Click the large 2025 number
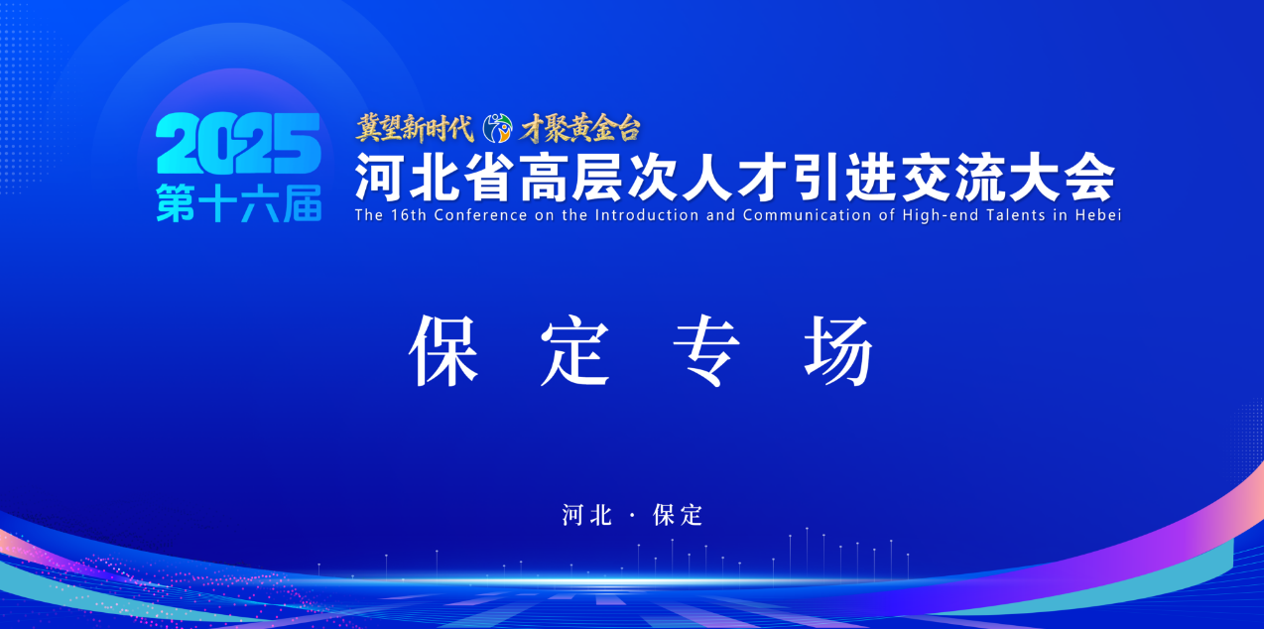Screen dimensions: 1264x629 [239, 143]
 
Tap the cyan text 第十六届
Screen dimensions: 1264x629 [239, 203]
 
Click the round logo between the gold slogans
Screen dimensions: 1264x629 [497, 129]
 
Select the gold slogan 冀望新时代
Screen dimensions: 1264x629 [415, 129]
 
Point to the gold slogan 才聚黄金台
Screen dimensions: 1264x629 [579, 129]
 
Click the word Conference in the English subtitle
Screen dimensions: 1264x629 [481, 215]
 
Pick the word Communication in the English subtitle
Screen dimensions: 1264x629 [807, 215]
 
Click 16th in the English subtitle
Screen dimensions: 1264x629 [409, 215]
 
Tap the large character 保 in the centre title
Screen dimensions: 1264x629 [443, 350]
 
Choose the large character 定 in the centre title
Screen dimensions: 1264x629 [575, 350]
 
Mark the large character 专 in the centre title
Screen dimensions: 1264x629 [706, 350]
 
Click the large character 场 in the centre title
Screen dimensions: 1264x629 [838, 350]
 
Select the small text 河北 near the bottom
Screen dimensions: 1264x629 [587, 515]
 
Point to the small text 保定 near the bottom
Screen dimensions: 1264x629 [678, 515]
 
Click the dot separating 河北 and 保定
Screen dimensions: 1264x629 [632, 516]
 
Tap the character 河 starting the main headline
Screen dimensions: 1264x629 [378, 178]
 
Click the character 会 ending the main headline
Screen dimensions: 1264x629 [1090, 178]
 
